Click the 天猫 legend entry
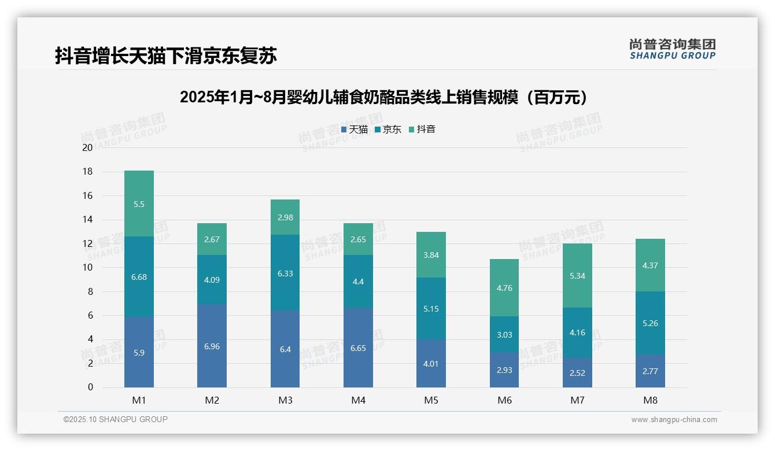pyautogui.click(x=355, y=130)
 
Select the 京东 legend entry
pyautogui.click(x=388, y=130)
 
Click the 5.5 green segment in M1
pyautogui.click(x=139, y=204)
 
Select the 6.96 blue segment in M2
pyautogui.click(x=212, y=346)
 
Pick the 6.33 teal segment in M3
pyautogui.click(x=285, y=272)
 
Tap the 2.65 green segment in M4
pyautogui.click(x=358, y=239)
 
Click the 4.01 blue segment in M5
pyautogui.click(x=431, y=363)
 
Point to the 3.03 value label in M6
pyautogui.click(x=504, y=335)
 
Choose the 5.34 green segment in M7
pyautogui.click(x=577, y=276)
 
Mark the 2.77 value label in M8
pyautogui.click(x=650, y=371)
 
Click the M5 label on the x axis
pyautogui.click(x=431, y=400)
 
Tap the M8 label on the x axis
pyautogui.click(x=650, y=400)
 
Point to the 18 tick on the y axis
pyautogui.click(x=88, y=172)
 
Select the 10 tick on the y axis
pyautogui.click(x=88, y=268)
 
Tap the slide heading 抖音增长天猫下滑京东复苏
pyautogui.click(x=166, y=56)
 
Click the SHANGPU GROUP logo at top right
pyautogui.click(x=672, y=49)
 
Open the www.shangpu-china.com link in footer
pyautogui.click(x=674, y=420)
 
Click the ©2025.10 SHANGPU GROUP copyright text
pyautogui.click(x=116, y=419)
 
